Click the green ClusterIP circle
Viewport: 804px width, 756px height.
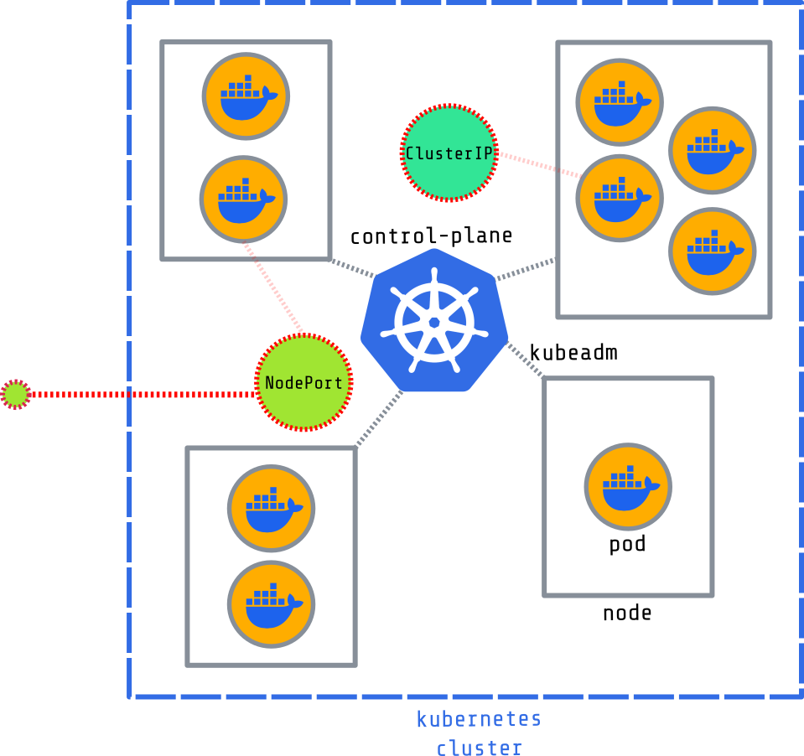click(x=449, y=153)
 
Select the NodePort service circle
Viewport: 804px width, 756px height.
click(x=303, y=382)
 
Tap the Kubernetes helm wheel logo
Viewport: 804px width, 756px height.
click(x=433, y=321)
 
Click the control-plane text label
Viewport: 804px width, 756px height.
click(x=431, y=236)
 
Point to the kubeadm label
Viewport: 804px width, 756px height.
click(x=573, y=353)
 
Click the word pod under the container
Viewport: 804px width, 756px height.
click(x=627, y=545)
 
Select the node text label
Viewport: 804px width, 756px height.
click(x=627, y=614)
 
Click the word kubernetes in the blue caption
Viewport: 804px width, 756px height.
click(x=479, y=719)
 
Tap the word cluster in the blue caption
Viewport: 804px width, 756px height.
click(x=479, y=748)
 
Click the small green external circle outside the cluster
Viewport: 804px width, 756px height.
click(x=15, y=394)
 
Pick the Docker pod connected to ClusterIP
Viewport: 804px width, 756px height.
click(x=619, y=198)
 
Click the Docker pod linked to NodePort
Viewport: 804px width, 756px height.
click(x=244, y=199)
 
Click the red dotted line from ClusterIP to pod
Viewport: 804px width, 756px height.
click(x=539, y=164)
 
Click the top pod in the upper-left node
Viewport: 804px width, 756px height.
click(x=246, y=96)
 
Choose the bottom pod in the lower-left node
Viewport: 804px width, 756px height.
click(x=271, y=603)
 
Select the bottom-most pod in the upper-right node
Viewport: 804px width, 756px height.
click(x=712, y=251)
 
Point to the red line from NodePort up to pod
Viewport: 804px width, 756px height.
click(x=272, y=289)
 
